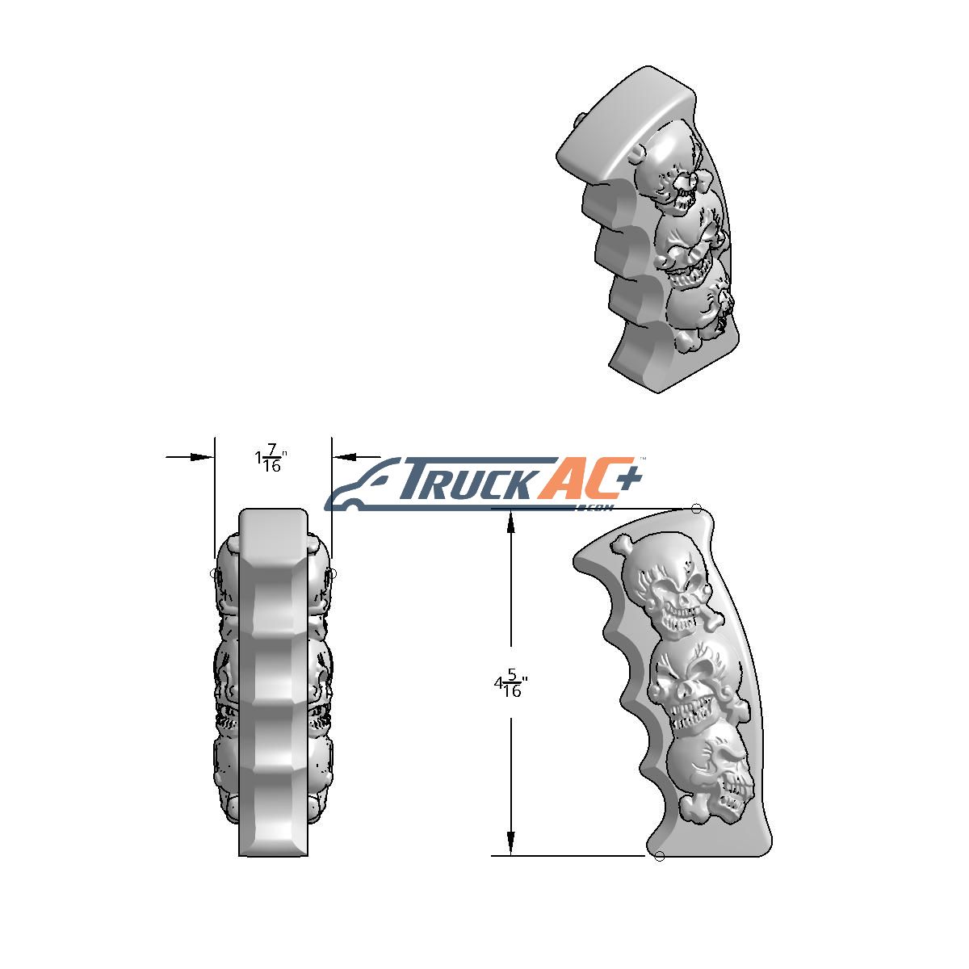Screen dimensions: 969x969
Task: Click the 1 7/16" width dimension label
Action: [x=271, y=458]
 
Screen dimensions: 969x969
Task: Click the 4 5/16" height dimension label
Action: [x=510, y=682]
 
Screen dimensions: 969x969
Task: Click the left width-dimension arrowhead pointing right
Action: [x=203, y=457]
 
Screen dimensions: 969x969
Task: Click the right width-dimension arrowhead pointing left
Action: [x=344, y=457]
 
